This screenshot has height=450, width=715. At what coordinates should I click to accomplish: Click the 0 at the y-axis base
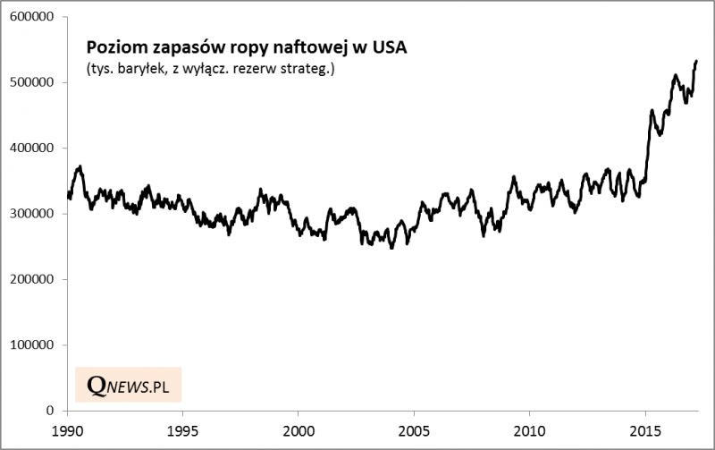click(x=54, y=411)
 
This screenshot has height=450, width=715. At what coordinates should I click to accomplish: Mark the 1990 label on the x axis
click(x=68, y=429)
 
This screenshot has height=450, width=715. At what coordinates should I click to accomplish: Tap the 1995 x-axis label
click(x=183, y=429)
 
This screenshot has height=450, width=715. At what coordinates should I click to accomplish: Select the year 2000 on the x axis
click(x=299, y=429)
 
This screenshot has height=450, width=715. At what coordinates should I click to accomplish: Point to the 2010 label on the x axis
click(x=529, y=429)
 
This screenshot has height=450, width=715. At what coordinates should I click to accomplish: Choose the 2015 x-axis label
click(x=644, y=429)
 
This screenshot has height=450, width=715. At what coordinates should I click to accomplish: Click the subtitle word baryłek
click(x=139, y=69)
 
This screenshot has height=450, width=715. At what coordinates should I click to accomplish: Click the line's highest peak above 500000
click(x=696, y=61)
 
